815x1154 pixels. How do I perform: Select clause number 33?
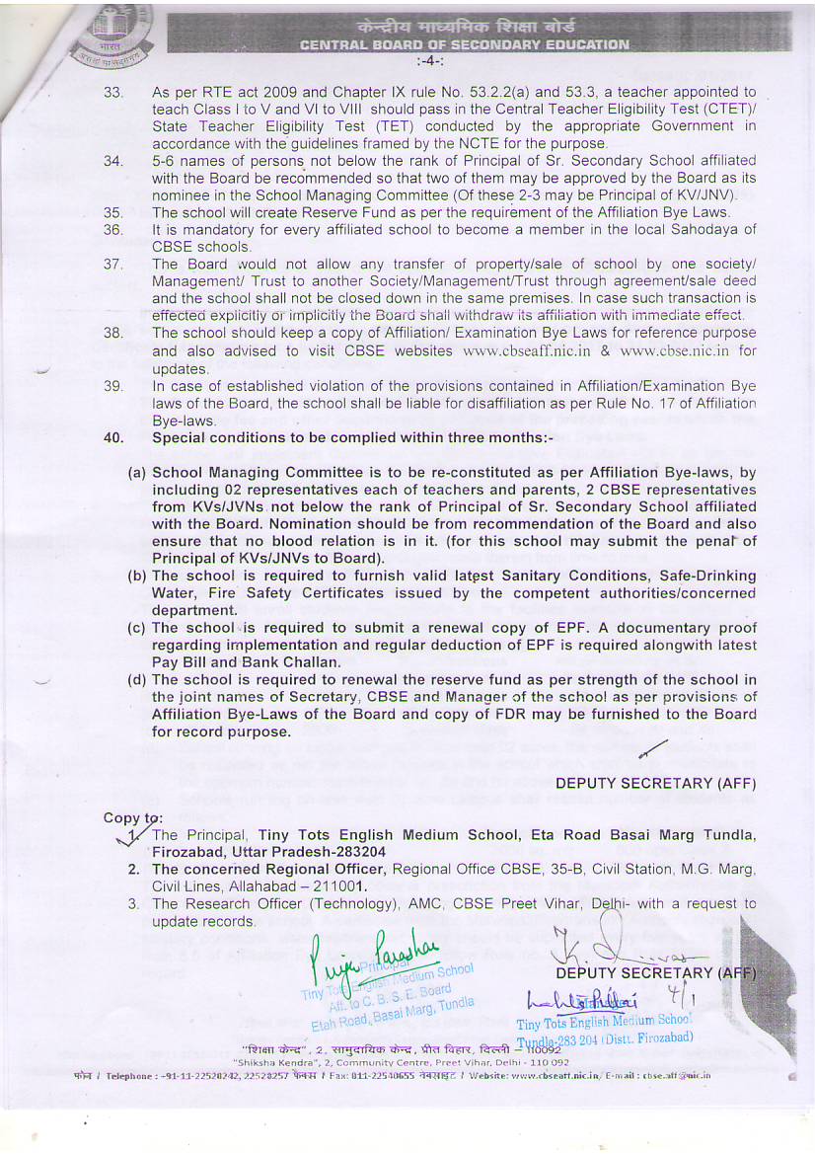[x=112, y=92]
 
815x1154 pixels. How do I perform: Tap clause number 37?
[x=112, y=265]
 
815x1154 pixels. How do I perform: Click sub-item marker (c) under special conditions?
[x=137, y=628]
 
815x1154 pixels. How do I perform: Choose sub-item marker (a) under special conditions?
[x=137, y=473]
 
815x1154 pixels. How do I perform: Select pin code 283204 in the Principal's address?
[x=356, y=852]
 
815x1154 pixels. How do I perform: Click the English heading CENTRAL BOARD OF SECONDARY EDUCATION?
[x=464, y=44]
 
